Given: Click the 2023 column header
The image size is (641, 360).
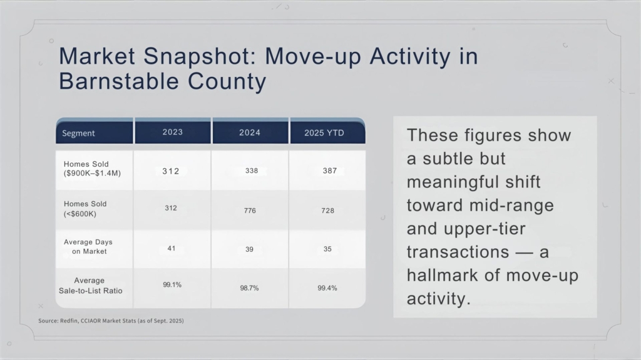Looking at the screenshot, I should (x=172, y=132).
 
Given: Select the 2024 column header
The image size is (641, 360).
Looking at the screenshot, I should (x=250, y=132).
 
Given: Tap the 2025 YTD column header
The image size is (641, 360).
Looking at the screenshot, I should (x=324, y=133).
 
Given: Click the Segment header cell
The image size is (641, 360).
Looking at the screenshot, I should (x=79, y=133).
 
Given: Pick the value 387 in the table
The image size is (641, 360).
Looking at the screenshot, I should (x=330, y=171).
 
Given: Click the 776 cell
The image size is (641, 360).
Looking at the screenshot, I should (x=250, y=211).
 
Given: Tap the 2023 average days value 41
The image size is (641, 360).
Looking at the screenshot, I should (x=171, y=248).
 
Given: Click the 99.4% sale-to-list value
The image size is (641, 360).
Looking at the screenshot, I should (x=327, y=287).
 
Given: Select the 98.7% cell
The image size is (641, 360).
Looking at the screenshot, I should (x=250, y=287).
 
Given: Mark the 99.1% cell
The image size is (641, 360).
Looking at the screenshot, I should (x=172, y=284).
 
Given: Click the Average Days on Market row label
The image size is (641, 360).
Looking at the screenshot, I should (x=88, y=246).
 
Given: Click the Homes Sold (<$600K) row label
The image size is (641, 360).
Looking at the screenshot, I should (x=85, y=208).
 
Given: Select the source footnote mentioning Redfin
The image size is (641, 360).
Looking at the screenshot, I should (x=111, y=321).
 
